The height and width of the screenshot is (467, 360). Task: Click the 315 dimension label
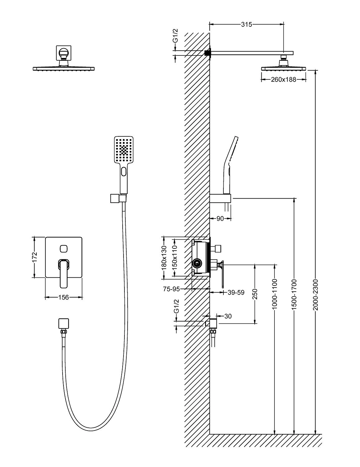click(x=246, y=25)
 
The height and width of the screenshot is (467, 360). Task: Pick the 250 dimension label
click(x=255, y=295)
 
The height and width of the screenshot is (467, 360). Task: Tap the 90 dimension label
click(x=220, y=219)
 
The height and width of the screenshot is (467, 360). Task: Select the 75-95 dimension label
click(x=172, y=289)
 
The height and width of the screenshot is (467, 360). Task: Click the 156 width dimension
click(x=63, y=298)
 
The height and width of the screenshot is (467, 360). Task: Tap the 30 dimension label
click(x=228, y=316)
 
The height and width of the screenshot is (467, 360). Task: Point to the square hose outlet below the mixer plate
click(x=63, y=323)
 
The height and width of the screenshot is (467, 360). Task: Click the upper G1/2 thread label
click(x=175, y=36)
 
